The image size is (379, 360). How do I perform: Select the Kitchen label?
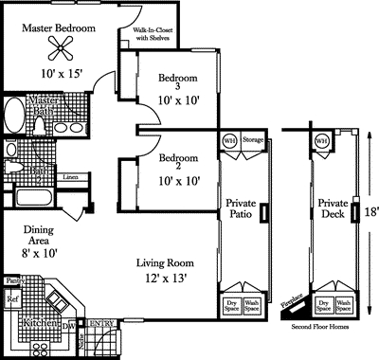tap(39, 323)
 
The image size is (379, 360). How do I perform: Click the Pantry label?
tap(14, 280)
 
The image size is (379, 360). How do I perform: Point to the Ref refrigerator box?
tap(12, 300)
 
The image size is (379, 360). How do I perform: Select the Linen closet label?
tap(70, 177)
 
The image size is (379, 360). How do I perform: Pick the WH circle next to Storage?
tap(228, 140)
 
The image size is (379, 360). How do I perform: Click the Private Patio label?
tap(241, 209)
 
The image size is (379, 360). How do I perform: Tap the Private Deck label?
tap(334, 209)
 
